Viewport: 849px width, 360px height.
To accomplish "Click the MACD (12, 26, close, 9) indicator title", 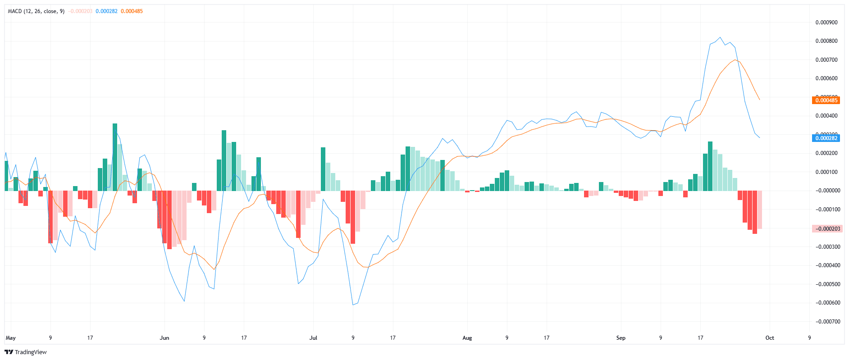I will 36,11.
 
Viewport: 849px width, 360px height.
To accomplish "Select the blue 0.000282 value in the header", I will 106,11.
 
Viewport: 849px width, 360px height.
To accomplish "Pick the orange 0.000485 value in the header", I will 132,11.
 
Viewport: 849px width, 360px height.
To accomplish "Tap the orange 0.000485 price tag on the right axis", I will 826,100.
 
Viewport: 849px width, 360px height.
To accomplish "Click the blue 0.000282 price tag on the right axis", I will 826,138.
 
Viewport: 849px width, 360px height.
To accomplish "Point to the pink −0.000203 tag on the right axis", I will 826,229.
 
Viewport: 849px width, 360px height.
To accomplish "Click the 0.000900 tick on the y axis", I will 826,23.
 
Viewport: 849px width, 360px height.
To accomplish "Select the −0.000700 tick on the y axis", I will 827,322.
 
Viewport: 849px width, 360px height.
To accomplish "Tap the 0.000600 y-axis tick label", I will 826,78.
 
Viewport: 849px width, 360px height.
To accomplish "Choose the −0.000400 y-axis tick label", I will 827,265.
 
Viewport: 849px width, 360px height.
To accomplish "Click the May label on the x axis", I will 10,338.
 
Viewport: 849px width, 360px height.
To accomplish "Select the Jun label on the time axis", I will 164,338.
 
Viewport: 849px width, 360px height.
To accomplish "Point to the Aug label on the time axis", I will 467,338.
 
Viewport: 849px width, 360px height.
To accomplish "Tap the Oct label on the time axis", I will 770,338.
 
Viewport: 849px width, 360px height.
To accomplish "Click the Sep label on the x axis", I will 621,338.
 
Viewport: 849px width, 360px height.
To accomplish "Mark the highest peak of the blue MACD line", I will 720,37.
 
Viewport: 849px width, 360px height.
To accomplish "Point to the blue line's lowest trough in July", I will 353,305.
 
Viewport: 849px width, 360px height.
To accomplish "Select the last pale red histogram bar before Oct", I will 760,210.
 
